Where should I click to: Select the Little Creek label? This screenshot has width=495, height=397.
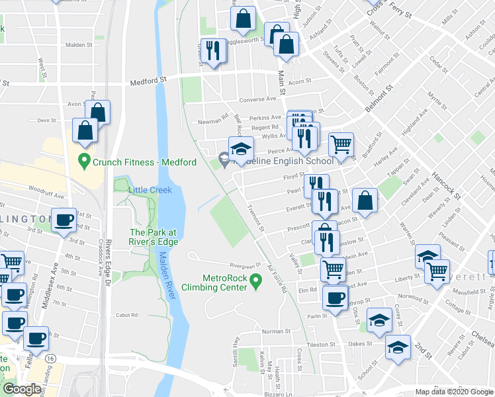click(x=150, y=190)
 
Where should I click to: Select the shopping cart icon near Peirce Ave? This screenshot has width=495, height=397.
click(x=340, y=142)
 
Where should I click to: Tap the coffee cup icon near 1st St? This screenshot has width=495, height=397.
click(x=64, y=220)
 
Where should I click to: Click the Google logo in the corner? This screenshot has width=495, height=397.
click(x=22, y=389)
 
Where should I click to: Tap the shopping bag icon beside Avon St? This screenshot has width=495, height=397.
click(x=97, y=112)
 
